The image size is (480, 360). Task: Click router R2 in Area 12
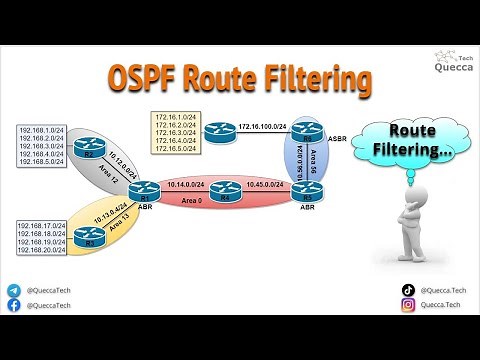pyautogui.click(x=86, y=151)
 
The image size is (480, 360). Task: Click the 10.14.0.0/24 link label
pyautogui.click(x=187, y=185)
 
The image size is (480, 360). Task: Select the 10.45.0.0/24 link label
pyautogui.click(x=265, y=185)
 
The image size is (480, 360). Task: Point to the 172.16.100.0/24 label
pyautogui.click(x=263, y=126)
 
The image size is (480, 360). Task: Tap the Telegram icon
pyautogui.click(x=13, y=290)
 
